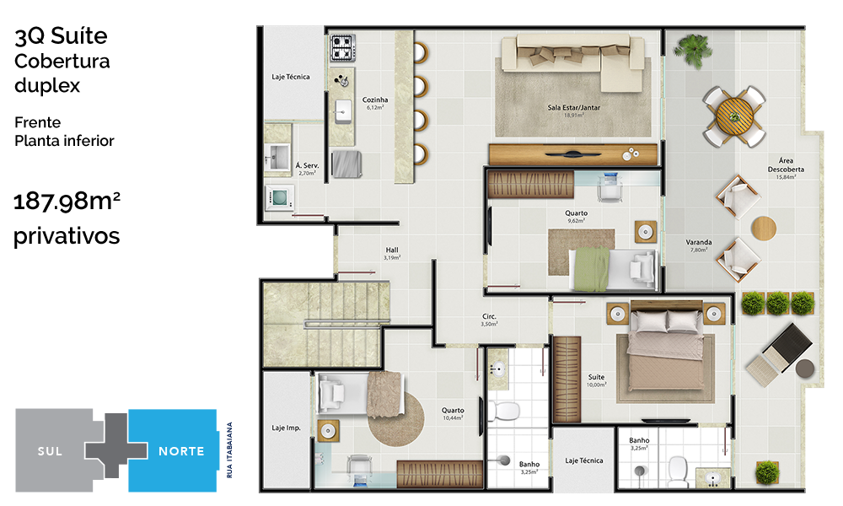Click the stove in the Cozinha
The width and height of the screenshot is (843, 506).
342,48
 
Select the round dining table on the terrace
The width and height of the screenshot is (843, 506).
734,116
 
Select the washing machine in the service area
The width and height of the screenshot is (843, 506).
280,198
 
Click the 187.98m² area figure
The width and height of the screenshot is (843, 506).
67,201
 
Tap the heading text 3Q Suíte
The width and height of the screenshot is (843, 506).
61,36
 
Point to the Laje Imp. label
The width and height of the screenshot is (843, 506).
286,428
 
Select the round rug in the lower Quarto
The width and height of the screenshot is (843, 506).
396,418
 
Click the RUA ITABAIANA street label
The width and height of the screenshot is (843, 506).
229,450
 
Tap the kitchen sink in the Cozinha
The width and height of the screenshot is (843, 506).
342,112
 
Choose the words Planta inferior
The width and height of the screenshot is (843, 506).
65,141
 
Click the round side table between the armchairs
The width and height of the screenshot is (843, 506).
764,229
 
